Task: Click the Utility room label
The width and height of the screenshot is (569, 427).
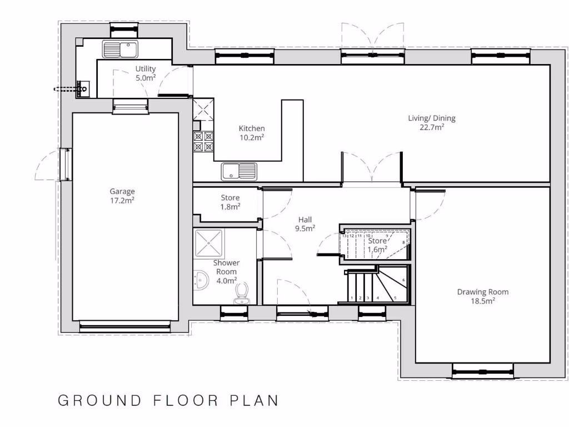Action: pos(146,69)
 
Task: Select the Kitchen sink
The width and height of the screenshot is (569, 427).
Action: pos(239,171)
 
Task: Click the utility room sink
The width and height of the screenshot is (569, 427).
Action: pos(120,49)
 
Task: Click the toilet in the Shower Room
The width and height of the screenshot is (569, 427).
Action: pos(242,294)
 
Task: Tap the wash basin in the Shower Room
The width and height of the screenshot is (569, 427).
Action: pos(201,279)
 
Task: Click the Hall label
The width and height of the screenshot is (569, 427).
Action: pos(305,219)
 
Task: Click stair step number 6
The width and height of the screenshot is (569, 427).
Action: pos(403,280)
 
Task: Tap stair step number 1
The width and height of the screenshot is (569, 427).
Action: pos(352,298)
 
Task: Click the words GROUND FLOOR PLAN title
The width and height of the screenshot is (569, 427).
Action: pos(168,401)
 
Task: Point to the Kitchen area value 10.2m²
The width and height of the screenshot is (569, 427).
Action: pos(251,137)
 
